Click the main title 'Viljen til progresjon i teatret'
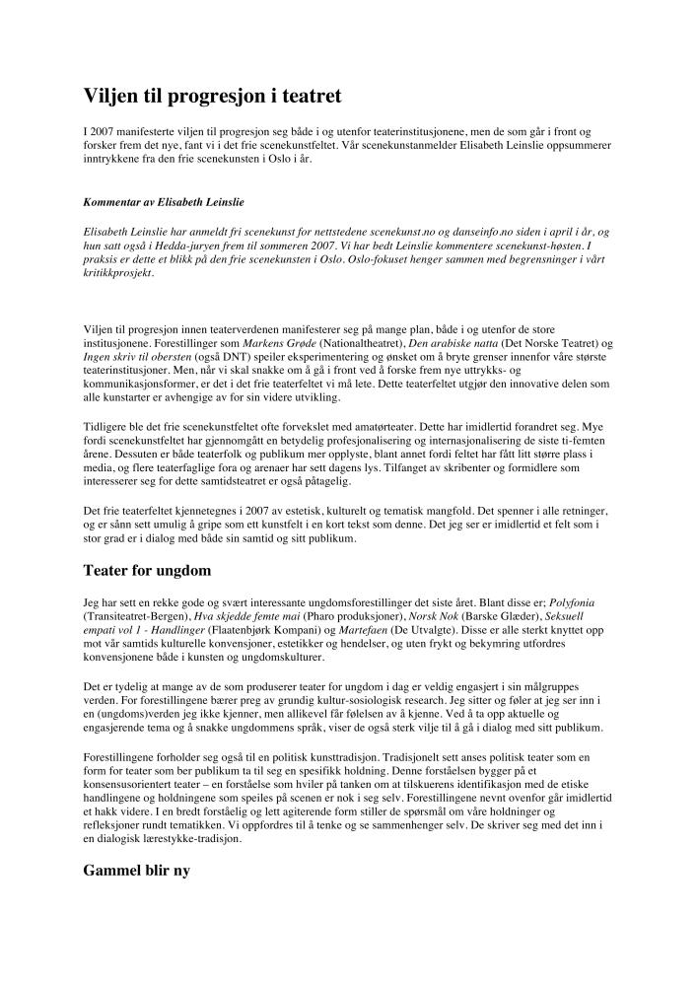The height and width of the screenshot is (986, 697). click(212, 95)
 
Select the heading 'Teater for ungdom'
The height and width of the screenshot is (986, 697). click(147, 570)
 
